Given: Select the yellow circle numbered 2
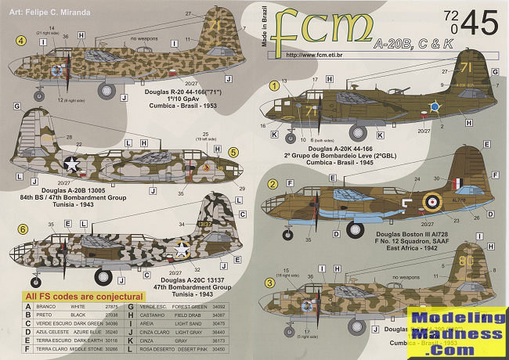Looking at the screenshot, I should click(273, 185).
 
